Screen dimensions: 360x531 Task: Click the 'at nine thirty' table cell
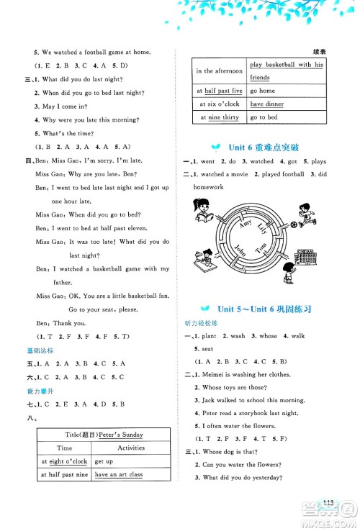219,117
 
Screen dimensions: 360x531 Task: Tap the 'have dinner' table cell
266,104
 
